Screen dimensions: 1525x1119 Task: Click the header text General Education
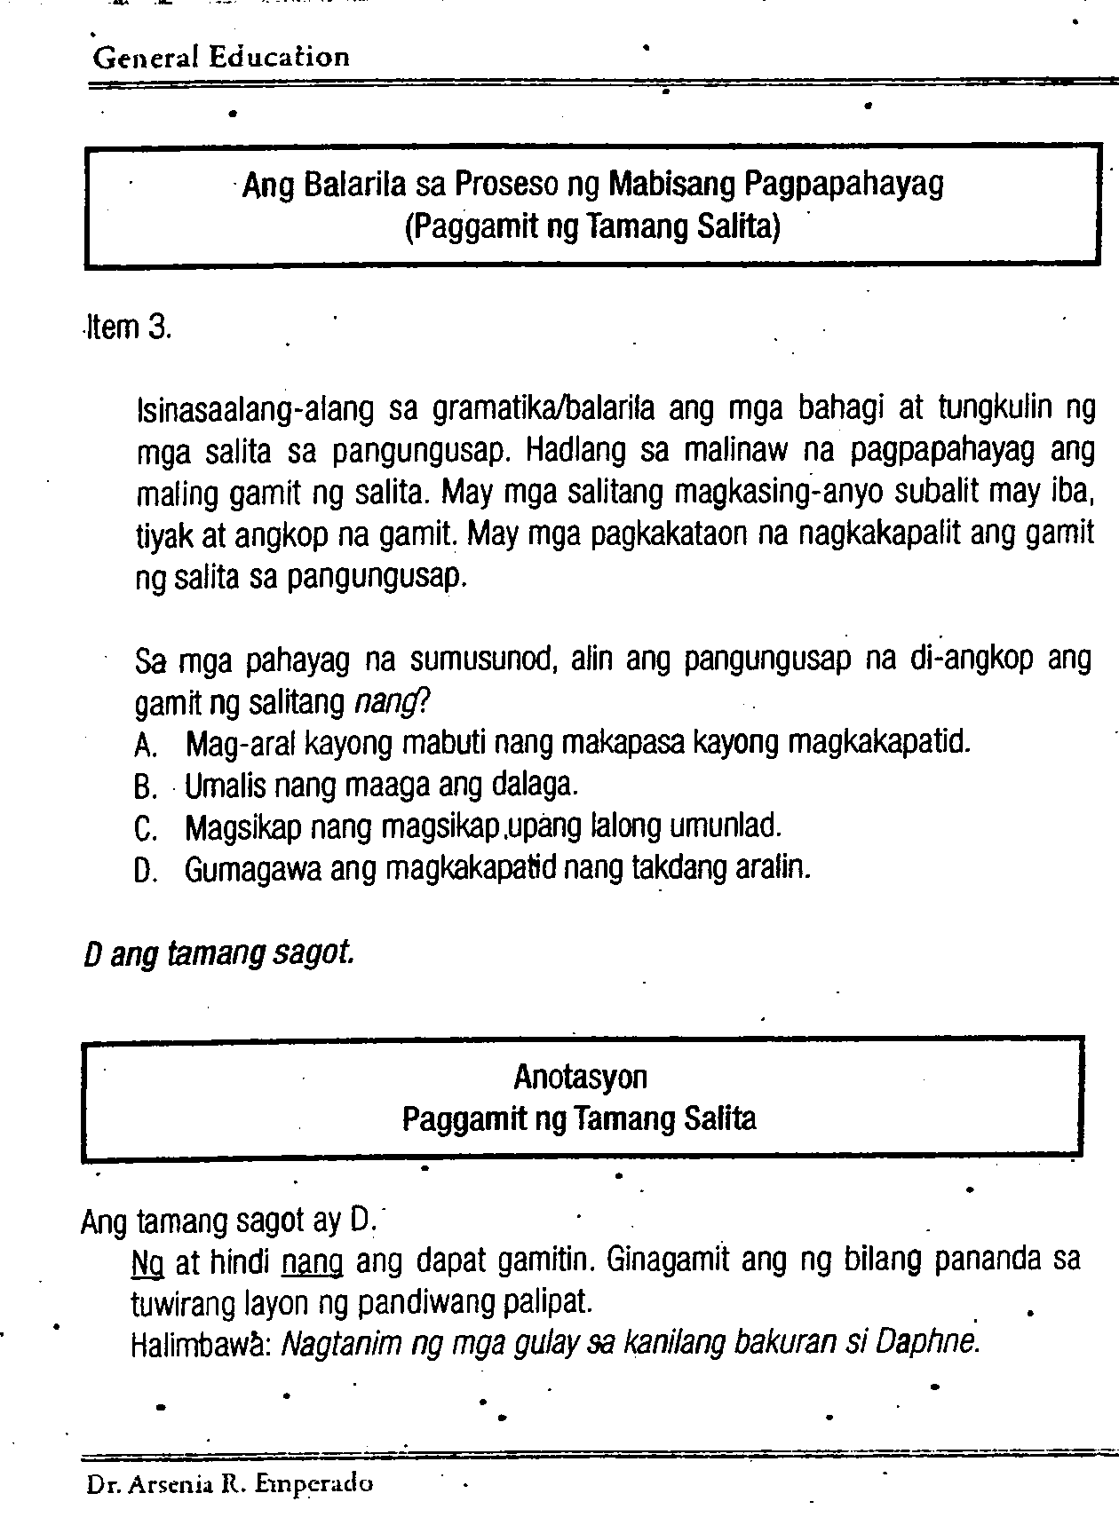click(221, 58)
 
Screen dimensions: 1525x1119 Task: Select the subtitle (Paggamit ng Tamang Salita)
click(591, 228)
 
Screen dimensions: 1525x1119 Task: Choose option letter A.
click(145, 746)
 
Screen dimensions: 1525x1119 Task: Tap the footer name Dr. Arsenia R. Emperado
click(228, 1483)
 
